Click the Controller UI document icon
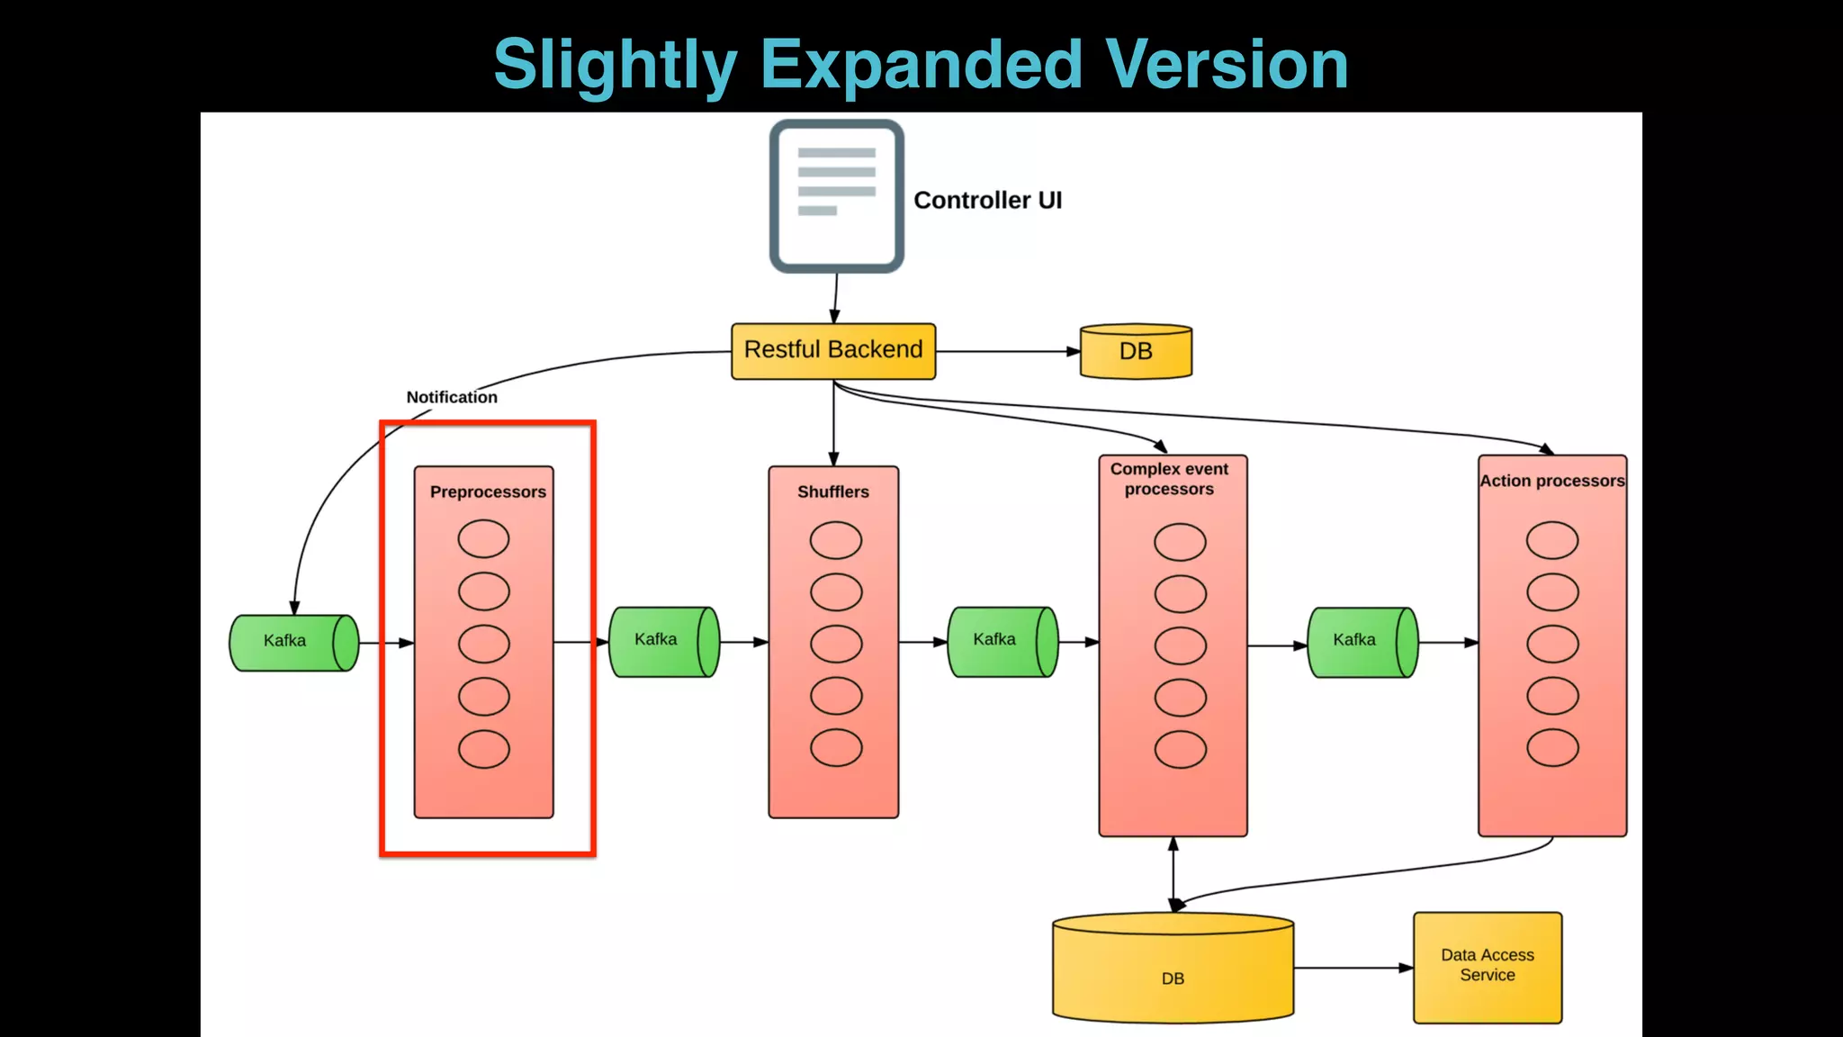pyautogui.click(x=836, y=196)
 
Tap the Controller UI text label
pyautogui.click(x=987, y=200)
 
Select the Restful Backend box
pyautogui.click(x=833, y=350)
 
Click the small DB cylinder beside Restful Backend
pyautogui.click(x=1136, y=351)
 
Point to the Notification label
pyautogui.click(x=452, y=397)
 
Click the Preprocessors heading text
pyautogui.click(x=488, y=491)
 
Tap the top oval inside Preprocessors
pyautogui.click(x=483, y=538)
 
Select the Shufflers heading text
pyautogui.click(x=833, y=491)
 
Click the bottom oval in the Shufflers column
pyautogui.click(x=836, y=747)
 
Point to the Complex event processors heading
pyautogui.click(x=1169, y=479)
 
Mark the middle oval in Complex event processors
pyautogui.click(x=1180, y=645)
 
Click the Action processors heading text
pyautogui.click(x=1552, y=481)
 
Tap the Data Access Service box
pyautogui.click(x=1488, y=967)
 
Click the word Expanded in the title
pyautogui.click(x=921, y=65)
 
